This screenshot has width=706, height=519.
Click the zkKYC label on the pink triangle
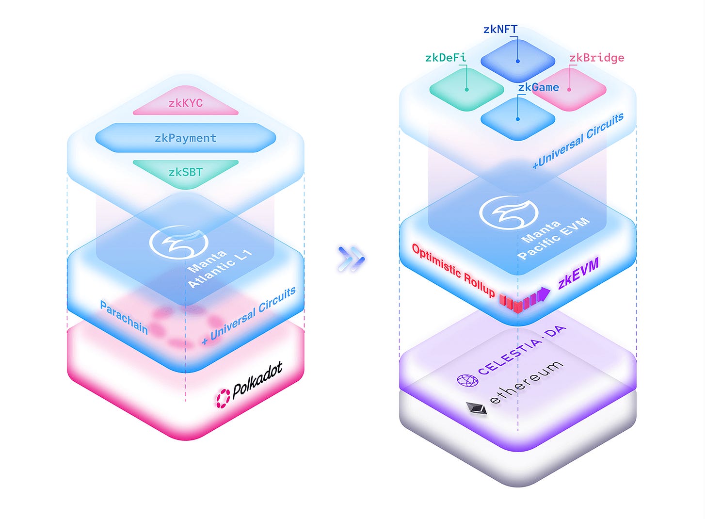tap(185, 103)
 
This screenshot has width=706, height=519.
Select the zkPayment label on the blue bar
tap(185, 138)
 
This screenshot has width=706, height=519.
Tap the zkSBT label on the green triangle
tap(185, 172)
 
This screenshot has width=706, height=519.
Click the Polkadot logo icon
tap(223, 398)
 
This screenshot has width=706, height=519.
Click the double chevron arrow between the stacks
tap(352, 258)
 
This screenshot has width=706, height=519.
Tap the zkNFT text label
tap(500, 29)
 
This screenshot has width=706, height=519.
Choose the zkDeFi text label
tap(446, 58)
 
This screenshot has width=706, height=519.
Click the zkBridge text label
tap(596, 58)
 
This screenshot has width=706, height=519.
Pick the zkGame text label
tap(538, 87)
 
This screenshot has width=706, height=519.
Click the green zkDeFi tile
tap(466, 90)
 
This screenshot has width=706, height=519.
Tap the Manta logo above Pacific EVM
tap(508, 212)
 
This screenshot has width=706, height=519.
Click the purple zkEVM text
tap(578, 273)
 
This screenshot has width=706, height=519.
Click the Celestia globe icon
tap(467, 380)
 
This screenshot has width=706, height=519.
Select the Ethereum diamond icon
tap(477, 408)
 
